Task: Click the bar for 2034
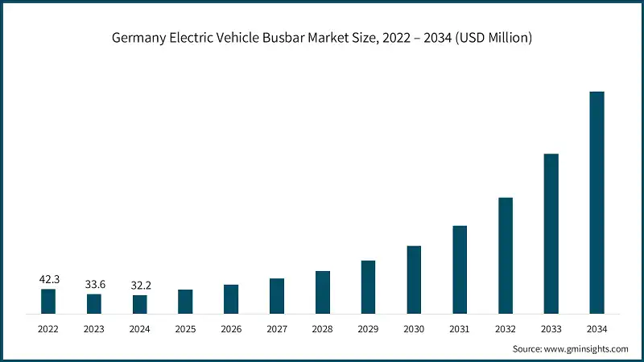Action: (597, 202)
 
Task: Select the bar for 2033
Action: (551, 233)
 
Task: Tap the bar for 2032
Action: (506, 255)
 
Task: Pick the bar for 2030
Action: (414, 279)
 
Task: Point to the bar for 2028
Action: (322, 292)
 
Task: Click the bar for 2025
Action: (185, 301)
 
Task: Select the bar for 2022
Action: (48, 301)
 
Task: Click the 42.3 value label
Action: (48, 279)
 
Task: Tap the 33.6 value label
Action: (94, 284)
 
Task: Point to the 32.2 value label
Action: (139, 285)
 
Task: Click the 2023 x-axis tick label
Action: (94, 328)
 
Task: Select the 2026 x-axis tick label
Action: (231, 328)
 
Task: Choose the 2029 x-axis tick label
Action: (368, 328)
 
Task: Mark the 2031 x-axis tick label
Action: (460, 328)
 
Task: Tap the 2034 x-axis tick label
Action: (597, 328)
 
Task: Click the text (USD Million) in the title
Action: (493, 38)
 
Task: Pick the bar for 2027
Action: (277, 295)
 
